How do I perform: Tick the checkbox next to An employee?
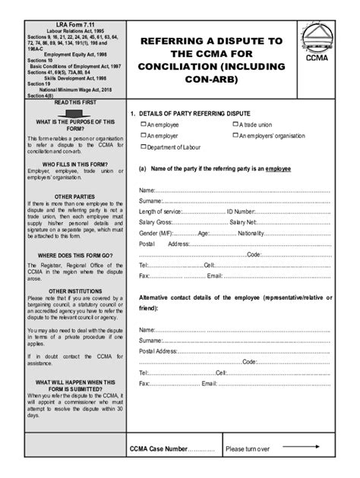coord(143,124)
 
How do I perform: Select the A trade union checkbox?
coord(235,124)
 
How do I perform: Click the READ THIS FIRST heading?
coord(69,102)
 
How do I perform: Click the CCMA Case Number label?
coord(163,448)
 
